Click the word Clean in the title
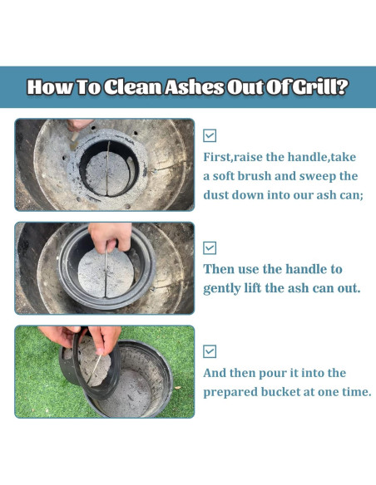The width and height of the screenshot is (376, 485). coord(132,87)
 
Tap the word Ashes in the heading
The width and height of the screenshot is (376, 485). coord(194,87)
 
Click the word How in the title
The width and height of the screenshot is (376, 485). coord(51,87)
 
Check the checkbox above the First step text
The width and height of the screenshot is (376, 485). coord(210,135)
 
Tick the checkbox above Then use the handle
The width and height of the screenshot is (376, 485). coord(210,247)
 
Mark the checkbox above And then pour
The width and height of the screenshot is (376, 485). coord(210,351)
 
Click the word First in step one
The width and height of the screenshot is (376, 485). coord(217,157)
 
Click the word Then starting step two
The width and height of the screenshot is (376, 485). coord(219,269)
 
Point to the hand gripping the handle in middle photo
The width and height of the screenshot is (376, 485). coord(111,237)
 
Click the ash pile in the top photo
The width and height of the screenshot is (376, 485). coord(106,174)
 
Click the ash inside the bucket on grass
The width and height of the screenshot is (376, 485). coord(129,393)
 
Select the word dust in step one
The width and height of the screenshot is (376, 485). coord(215,195)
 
